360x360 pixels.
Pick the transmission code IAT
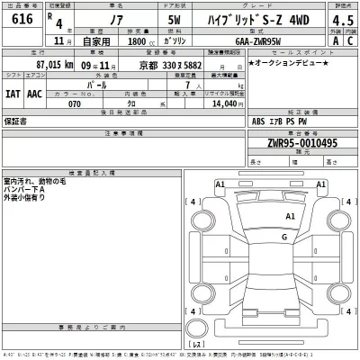12,93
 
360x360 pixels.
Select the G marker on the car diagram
283,237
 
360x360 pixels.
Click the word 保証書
16,119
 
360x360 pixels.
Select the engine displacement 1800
137,41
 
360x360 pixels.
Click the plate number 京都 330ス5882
170,65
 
